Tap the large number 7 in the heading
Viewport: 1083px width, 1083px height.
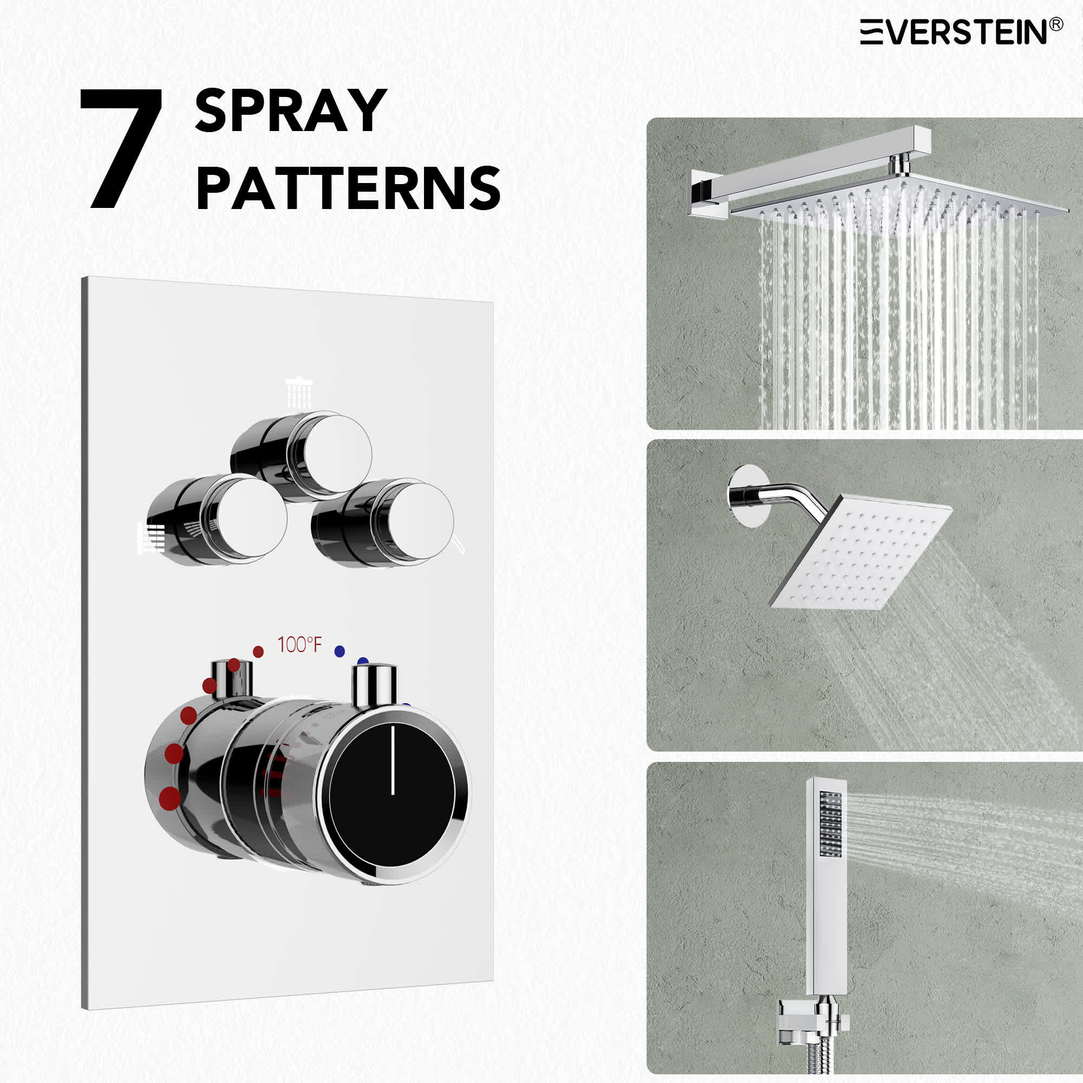point(122,148)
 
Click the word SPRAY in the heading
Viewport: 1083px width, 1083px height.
point(291,111)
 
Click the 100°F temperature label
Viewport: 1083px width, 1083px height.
point(300,644)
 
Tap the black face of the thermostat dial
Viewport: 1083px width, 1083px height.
point(391,795)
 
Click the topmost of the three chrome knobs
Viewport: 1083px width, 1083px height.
point(303,456)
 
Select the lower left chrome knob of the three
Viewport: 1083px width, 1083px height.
point(218,520)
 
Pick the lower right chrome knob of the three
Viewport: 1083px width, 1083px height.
point(383,523)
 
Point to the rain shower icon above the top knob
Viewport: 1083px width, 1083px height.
point(299,394)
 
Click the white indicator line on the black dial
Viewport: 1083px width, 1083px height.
point(393,759)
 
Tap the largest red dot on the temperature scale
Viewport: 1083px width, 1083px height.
point(171,798)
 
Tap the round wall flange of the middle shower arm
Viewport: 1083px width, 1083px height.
point(747,496)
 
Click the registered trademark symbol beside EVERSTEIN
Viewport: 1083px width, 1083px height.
point(1055,24)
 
